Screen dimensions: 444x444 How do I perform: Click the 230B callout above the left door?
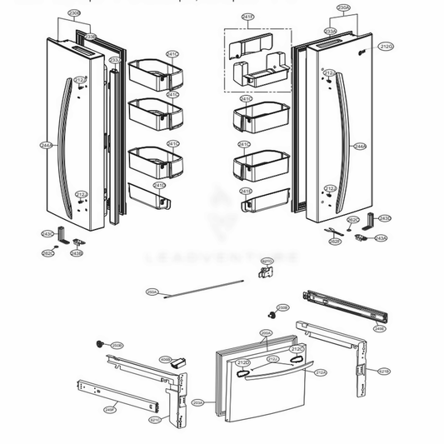click(74, 14)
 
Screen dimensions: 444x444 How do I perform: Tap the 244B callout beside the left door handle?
click(45, 145)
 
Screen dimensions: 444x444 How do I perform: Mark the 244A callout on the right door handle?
click(360, 146)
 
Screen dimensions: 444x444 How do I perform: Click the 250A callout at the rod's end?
click(152, 292)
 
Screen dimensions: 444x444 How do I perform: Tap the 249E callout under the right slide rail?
click(379, 329)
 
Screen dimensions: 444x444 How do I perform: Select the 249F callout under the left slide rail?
click(109, 409)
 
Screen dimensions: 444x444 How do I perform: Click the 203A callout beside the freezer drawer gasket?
click(198, 402)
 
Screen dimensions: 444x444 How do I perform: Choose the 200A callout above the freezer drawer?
click(266, 333)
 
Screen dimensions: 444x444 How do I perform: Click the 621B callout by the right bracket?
click(383, 371)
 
